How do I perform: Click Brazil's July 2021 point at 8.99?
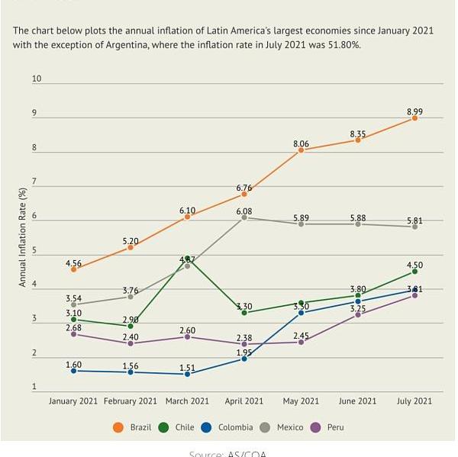415,118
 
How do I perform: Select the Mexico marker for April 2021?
244,217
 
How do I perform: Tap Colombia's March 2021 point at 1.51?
187,374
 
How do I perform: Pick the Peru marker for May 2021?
301,342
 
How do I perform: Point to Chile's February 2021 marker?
131,326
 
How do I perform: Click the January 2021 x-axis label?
74,401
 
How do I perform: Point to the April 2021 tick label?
244,401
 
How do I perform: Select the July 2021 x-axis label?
415,401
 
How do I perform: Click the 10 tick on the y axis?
37,79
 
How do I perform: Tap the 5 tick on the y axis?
34,251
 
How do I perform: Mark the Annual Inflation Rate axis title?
22,237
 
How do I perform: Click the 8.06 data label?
301,143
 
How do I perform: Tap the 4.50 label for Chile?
415,266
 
